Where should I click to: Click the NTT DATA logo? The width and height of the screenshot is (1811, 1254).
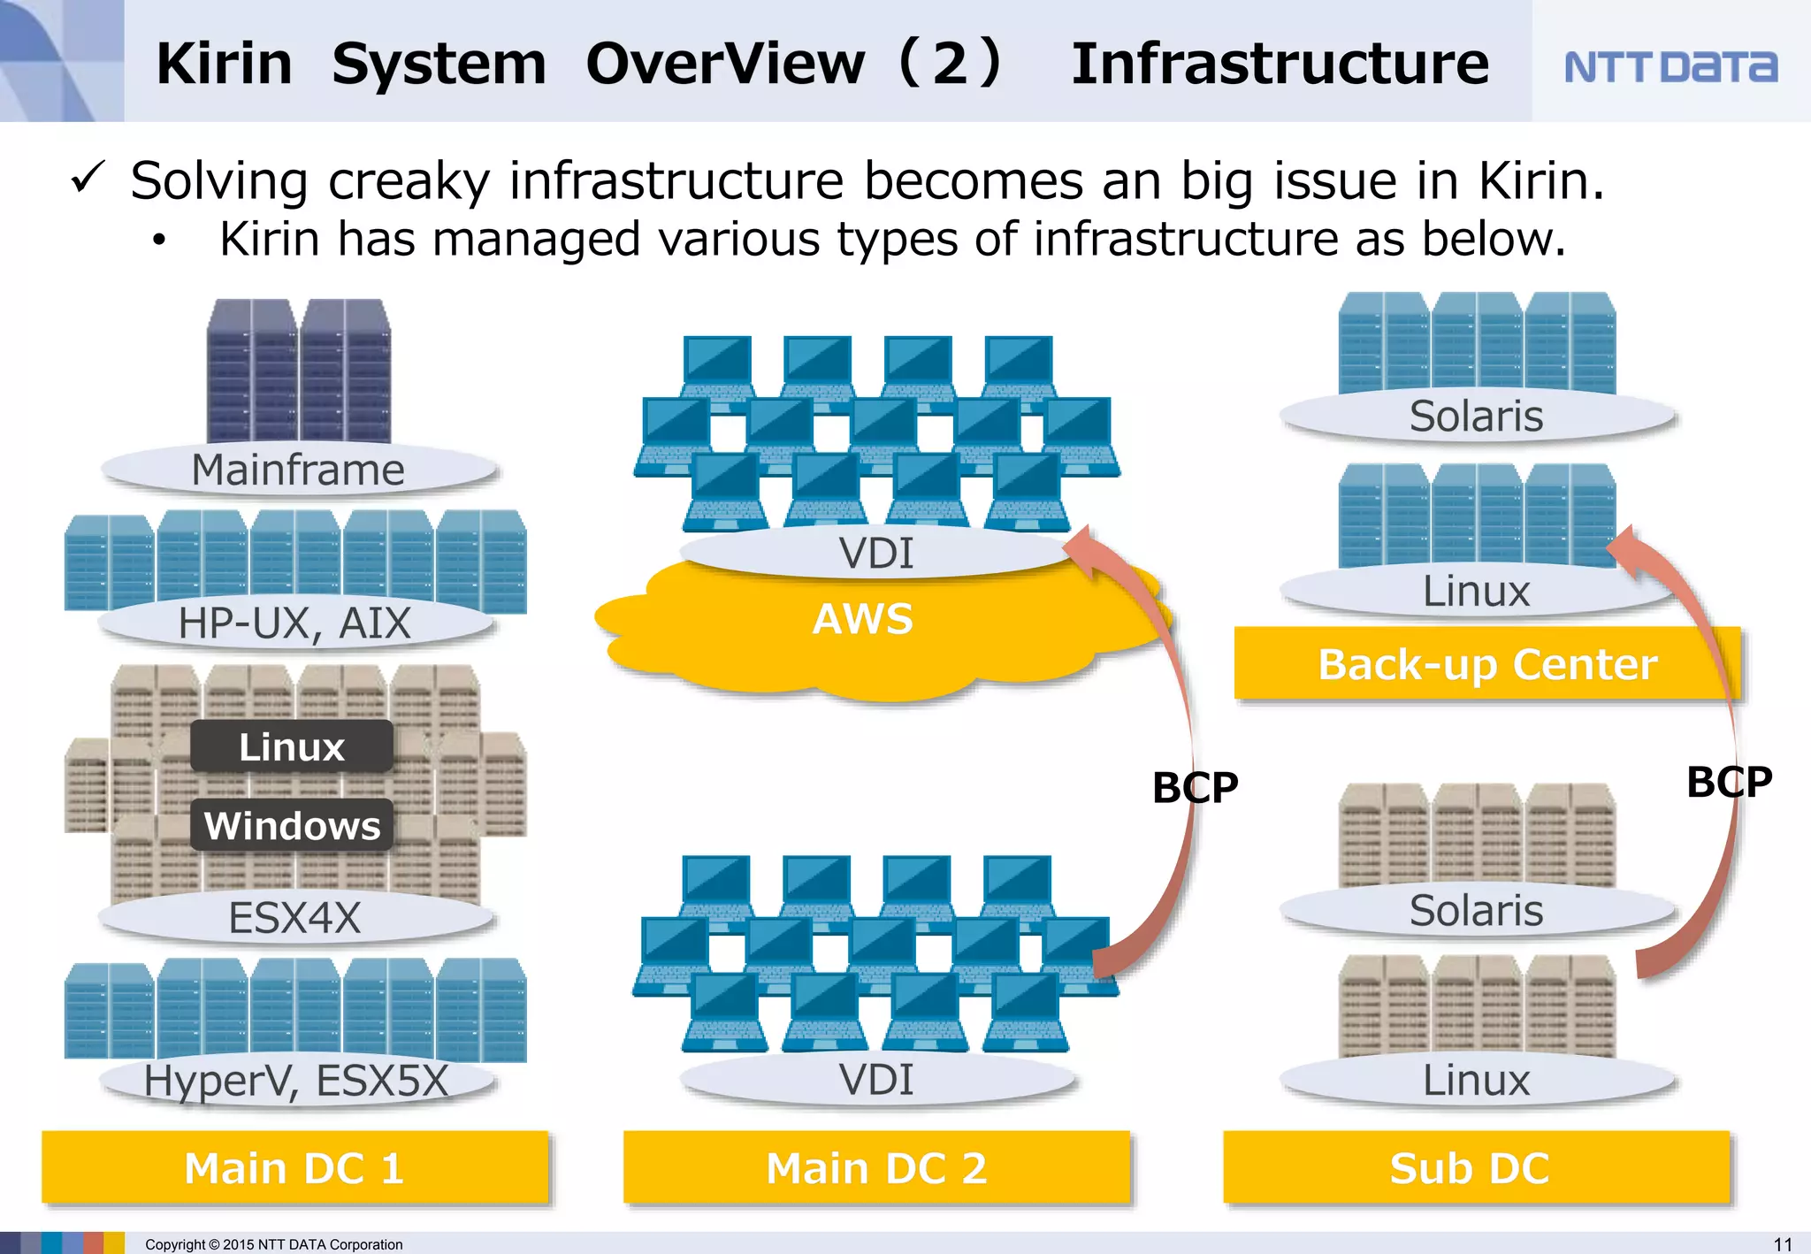1670,66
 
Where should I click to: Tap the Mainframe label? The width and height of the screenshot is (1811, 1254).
298,470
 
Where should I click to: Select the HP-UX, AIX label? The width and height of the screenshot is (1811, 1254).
294,623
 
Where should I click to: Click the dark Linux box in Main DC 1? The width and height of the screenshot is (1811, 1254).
292,747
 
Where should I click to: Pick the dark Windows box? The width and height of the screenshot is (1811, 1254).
292,826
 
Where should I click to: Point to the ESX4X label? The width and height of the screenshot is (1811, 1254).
294,917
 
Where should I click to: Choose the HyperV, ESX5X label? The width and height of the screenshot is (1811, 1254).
296,1081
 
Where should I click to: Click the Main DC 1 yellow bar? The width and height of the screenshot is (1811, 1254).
294,1168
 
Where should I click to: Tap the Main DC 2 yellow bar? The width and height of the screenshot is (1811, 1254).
876,1168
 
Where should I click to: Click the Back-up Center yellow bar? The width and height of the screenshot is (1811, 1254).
1486,664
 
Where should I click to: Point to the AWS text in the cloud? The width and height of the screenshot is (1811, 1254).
863,619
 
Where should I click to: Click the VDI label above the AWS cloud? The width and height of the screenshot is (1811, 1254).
876,554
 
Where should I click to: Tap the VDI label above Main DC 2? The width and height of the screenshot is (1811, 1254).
876,1080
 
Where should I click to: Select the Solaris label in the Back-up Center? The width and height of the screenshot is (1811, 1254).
1476,417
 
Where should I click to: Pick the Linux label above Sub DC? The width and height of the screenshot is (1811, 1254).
1476,1081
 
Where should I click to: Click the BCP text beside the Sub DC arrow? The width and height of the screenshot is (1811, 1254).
1729,782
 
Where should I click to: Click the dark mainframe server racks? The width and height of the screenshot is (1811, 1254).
299,371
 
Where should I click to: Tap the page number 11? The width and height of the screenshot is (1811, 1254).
1783,1244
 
